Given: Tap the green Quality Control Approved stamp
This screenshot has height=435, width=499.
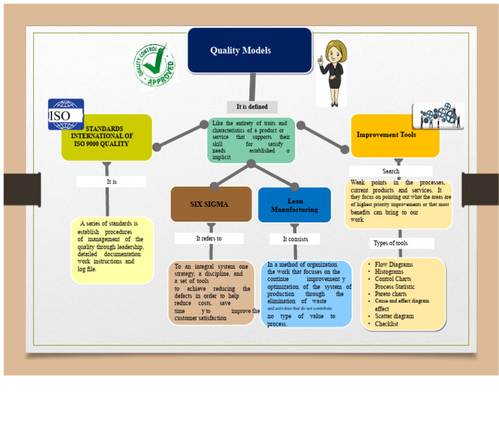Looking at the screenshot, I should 155,66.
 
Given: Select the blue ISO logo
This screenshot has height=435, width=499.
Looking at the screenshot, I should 66,114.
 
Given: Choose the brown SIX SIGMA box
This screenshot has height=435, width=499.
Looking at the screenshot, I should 211,204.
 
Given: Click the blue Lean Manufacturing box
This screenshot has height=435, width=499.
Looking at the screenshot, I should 294,205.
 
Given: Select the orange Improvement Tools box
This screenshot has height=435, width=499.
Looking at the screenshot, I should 394,135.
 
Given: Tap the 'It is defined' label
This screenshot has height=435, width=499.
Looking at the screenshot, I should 252,107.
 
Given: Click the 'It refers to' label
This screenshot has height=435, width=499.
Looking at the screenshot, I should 209,239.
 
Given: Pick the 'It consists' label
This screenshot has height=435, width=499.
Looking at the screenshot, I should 296,239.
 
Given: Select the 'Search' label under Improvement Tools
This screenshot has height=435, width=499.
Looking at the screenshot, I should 391,172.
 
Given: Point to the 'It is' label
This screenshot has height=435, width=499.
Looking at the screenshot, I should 112,182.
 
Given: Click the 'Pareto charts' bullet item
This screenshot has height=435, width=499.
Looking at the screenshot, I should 390,294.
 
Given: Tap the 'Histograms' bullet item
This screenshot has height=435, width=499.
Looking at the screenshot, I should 389,272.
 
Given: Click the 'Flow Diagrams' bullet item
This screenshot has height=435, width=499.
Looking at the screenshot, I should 394,265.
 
